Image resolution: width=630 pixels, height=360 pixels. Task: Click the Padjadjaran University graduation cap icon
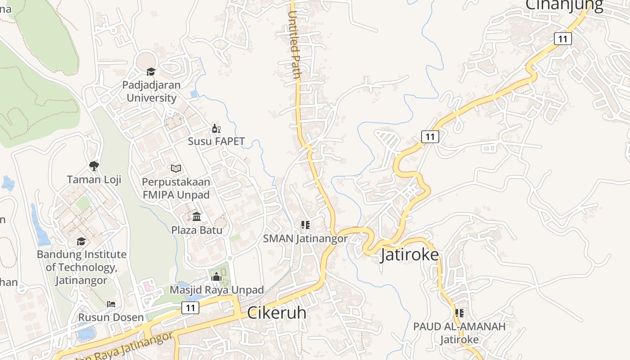tap(151, 72)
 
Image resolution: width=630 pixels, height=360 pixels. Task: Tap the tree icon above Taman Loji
tap(94, 166)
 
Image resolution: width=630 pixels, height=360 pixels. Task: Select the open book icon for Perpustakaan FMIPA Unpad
tap(175, 168)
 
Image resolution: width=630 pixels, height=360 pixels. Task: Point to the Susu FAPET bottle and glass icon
tap(216, 128)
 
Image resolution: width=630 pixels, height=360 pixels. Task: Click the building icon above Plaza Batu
tap(197, 216)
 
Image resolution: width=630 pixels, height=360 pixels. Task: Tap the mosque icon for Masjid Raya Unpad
tap(216, 277)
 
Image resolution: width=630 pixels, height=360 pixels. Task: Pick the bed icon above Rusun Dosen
tap(111, 304)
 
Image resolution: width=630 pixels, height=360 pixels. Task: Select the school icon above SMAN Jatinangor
tap(306, 225)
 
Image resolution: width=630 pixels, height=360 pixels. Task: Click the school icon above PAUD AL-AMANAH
tap(459, 313)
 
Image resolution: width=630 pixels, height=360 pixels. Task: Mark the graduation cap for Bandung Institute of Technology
tap(81, 241)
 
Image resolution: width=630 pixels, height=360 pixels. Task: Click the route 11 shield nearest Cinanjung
tap(562, 39)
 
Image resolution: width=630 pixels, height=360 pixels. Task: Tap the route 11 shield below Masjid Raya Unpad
tap(190, 308)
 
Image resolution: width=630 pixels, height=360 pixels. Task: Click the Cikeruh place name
tap(277, 313)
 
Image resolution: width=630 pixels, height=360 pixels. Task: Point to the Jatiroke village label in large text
tap(409, 255)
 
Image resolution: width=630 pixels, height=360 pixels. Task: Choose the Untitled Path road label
tap(294, 45)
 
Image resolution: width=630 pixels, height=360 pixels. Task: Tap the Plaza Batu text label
tap(197, 230)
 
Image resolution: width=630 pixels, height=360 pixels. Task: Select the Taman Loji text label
tap(94, 180)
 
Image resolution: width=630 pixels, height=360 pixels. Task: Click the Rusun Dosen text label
tap(111, 317)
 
